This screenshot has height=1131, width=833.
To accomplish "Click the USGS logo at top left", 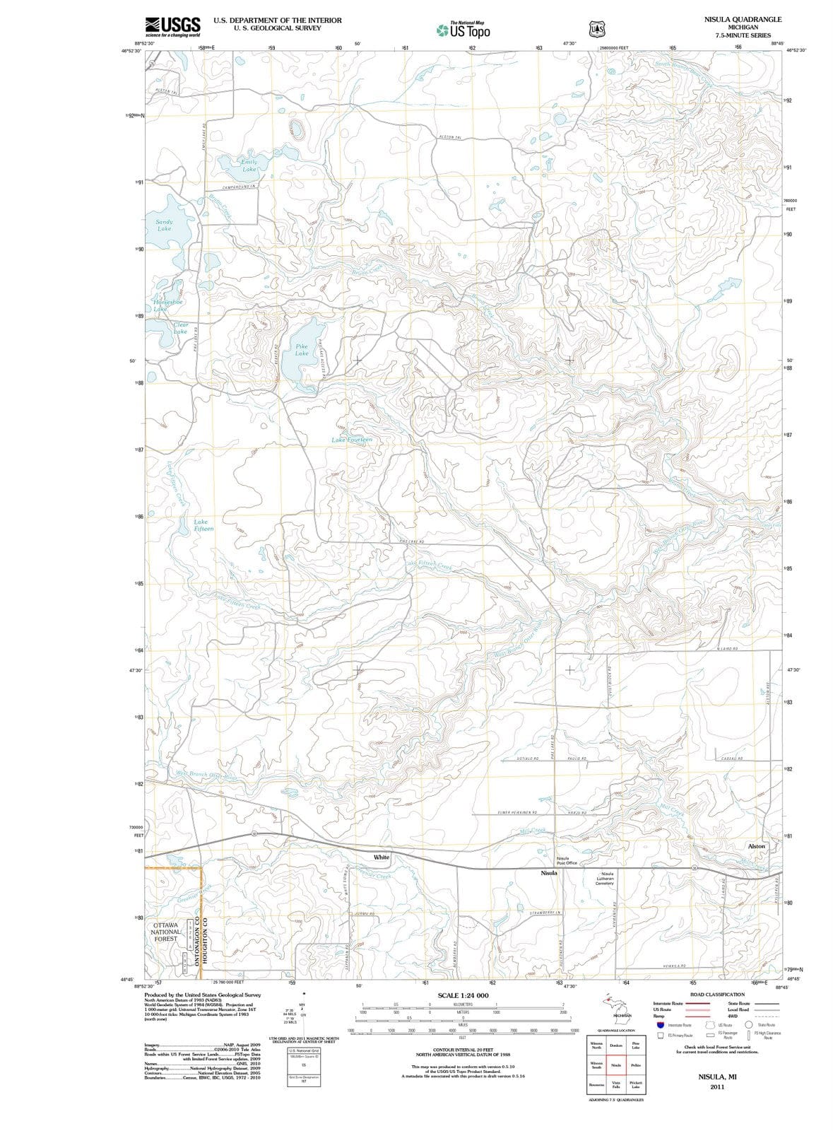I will pyautogui.click(x=172, y=27).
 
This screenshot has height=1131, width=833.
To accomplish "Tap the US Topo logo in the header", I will pyautogui.click(x=463, y=30).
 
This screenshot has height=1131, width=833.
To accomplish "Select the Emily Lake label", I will pyautogui.click(x=249, y=165).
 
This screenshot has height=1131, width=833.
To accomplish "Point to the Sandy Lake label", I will pyautogui.click(x=164, y=225).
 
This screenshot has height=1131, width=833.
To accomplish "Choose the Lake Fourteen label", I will pyautogui.click(x=351, y=440).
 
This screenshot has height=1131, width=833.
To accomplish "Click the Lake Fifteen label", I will pyautogui.click(x=203, y=525).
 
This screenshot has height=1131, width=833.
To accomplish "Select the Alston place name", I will pyautogui.click(x=756, y=846).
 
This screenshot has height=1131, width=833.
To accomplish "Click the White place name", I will pyautogui.click(x=382, y=857).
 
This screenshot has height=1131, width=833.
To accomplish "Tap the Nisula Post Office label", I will pyautogui.click(x=567, y=860).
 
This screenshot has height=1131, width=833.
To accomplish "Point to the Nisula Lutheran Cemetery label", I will pyautogui.click(x=605, y=879).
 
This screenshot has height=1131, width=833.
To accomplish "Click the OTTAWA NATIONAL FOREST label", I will pyautogui.click(x=166, y=932).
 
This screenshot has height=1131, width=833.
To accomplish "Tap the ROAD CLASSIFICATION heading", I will pyautogui.click(x=716, y=995).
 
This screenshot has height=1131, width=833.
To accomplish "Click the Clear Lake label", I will pyautogui.click(x=180, y=328).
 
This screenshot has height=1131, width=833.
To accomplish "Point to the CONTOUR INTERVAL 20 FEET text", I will pyautogui.click(x=463, y=1050).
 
